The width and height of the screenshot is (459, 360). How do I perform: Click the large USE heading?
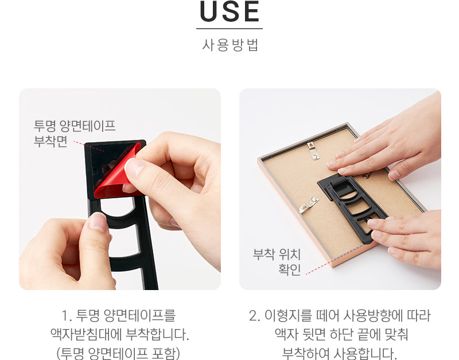click(229, 11)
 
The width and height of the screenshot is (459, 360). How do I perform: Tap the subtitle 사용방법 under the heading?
click(230, 45)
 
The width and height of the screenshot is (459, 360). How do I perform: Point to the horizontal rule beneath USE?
click(229, 29)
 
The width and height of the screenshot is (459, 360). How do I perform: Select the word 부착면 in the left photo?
click(50, 141)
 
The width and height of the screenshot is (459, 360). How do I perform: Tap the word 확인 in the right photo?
click(289, 269)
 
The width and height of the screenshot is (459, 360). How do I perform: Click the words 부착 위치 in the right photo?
click(277, 254)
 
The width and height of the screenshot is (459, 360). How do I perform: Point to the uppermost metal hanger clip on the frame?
click(313, 150)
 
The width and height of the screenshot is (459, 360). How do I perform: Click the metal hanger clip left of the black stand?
click(309, 205)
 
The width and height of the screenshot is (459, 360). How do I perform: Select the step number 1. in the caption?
click(67, 316)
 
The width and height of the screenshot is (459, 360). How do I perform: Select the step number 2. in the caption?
click(254, 316)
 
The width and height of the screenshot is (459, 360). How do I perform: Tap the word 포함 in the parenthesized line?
click(165, 353)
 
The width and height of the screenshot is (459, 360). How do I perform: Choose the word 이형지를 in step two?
click(288, 315)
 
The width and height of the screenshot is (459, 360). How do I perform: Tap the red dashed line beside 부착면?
click(88, 146)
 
